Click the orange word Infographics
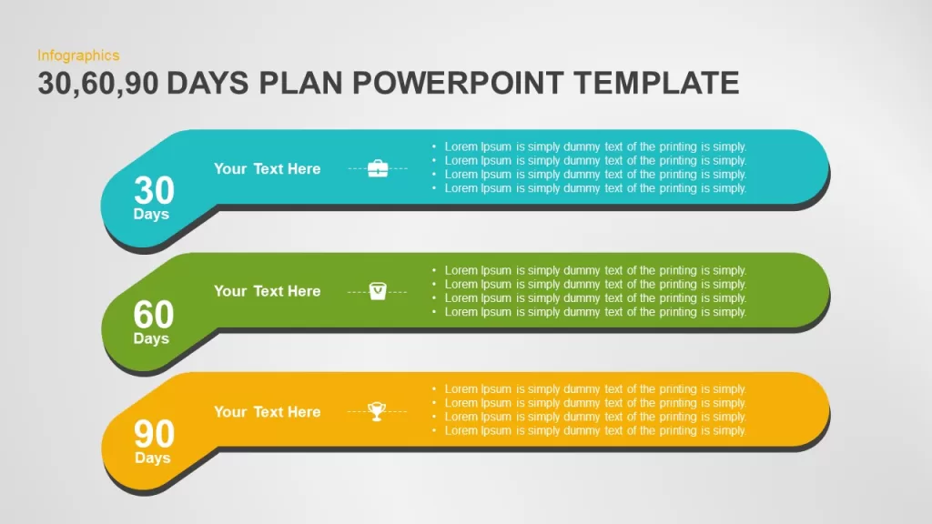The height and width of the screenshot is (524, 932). [78, 55]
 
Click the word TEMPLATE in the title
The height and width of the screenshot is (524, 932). [657, 83]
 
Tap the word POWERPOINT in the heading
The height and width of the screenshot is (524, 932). [458, 83]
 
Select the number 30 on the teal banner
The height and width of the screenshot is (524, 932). [154, 190]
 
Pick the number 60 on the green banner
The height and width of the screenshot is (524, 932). [154, 314]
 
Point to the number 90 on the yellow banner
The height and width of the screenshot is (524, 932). [154, 434]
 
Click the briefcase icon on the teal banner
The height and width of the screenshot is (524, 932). [378, 168]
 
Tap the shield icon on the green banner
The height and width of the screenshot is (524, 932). [378, 291]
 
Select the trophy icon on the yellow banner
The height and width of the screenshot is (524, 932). [377, 411]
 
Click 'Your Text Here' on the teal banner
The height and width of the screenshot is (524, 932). [268, 168]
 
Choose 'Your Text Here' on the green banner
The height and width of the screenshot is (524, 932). [268, 291]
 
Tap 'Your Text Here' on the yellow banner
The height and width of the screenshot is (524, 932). [268, 412]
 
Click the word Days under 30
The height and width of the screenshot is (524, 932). [151, 214]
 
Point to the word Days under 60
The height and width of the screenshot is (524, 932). [151, 338]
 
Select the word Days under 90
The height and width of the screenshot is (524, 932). [153, 458]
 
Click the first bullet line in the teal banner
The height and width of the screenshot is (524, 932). [590, 146]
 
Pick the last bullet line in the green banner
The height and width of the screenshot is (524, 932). [590, 312]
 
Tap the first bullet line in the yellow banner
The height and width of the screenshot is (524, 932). [590, 389]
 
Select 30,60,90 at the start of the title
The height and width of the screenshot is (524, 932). [98, 83]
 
